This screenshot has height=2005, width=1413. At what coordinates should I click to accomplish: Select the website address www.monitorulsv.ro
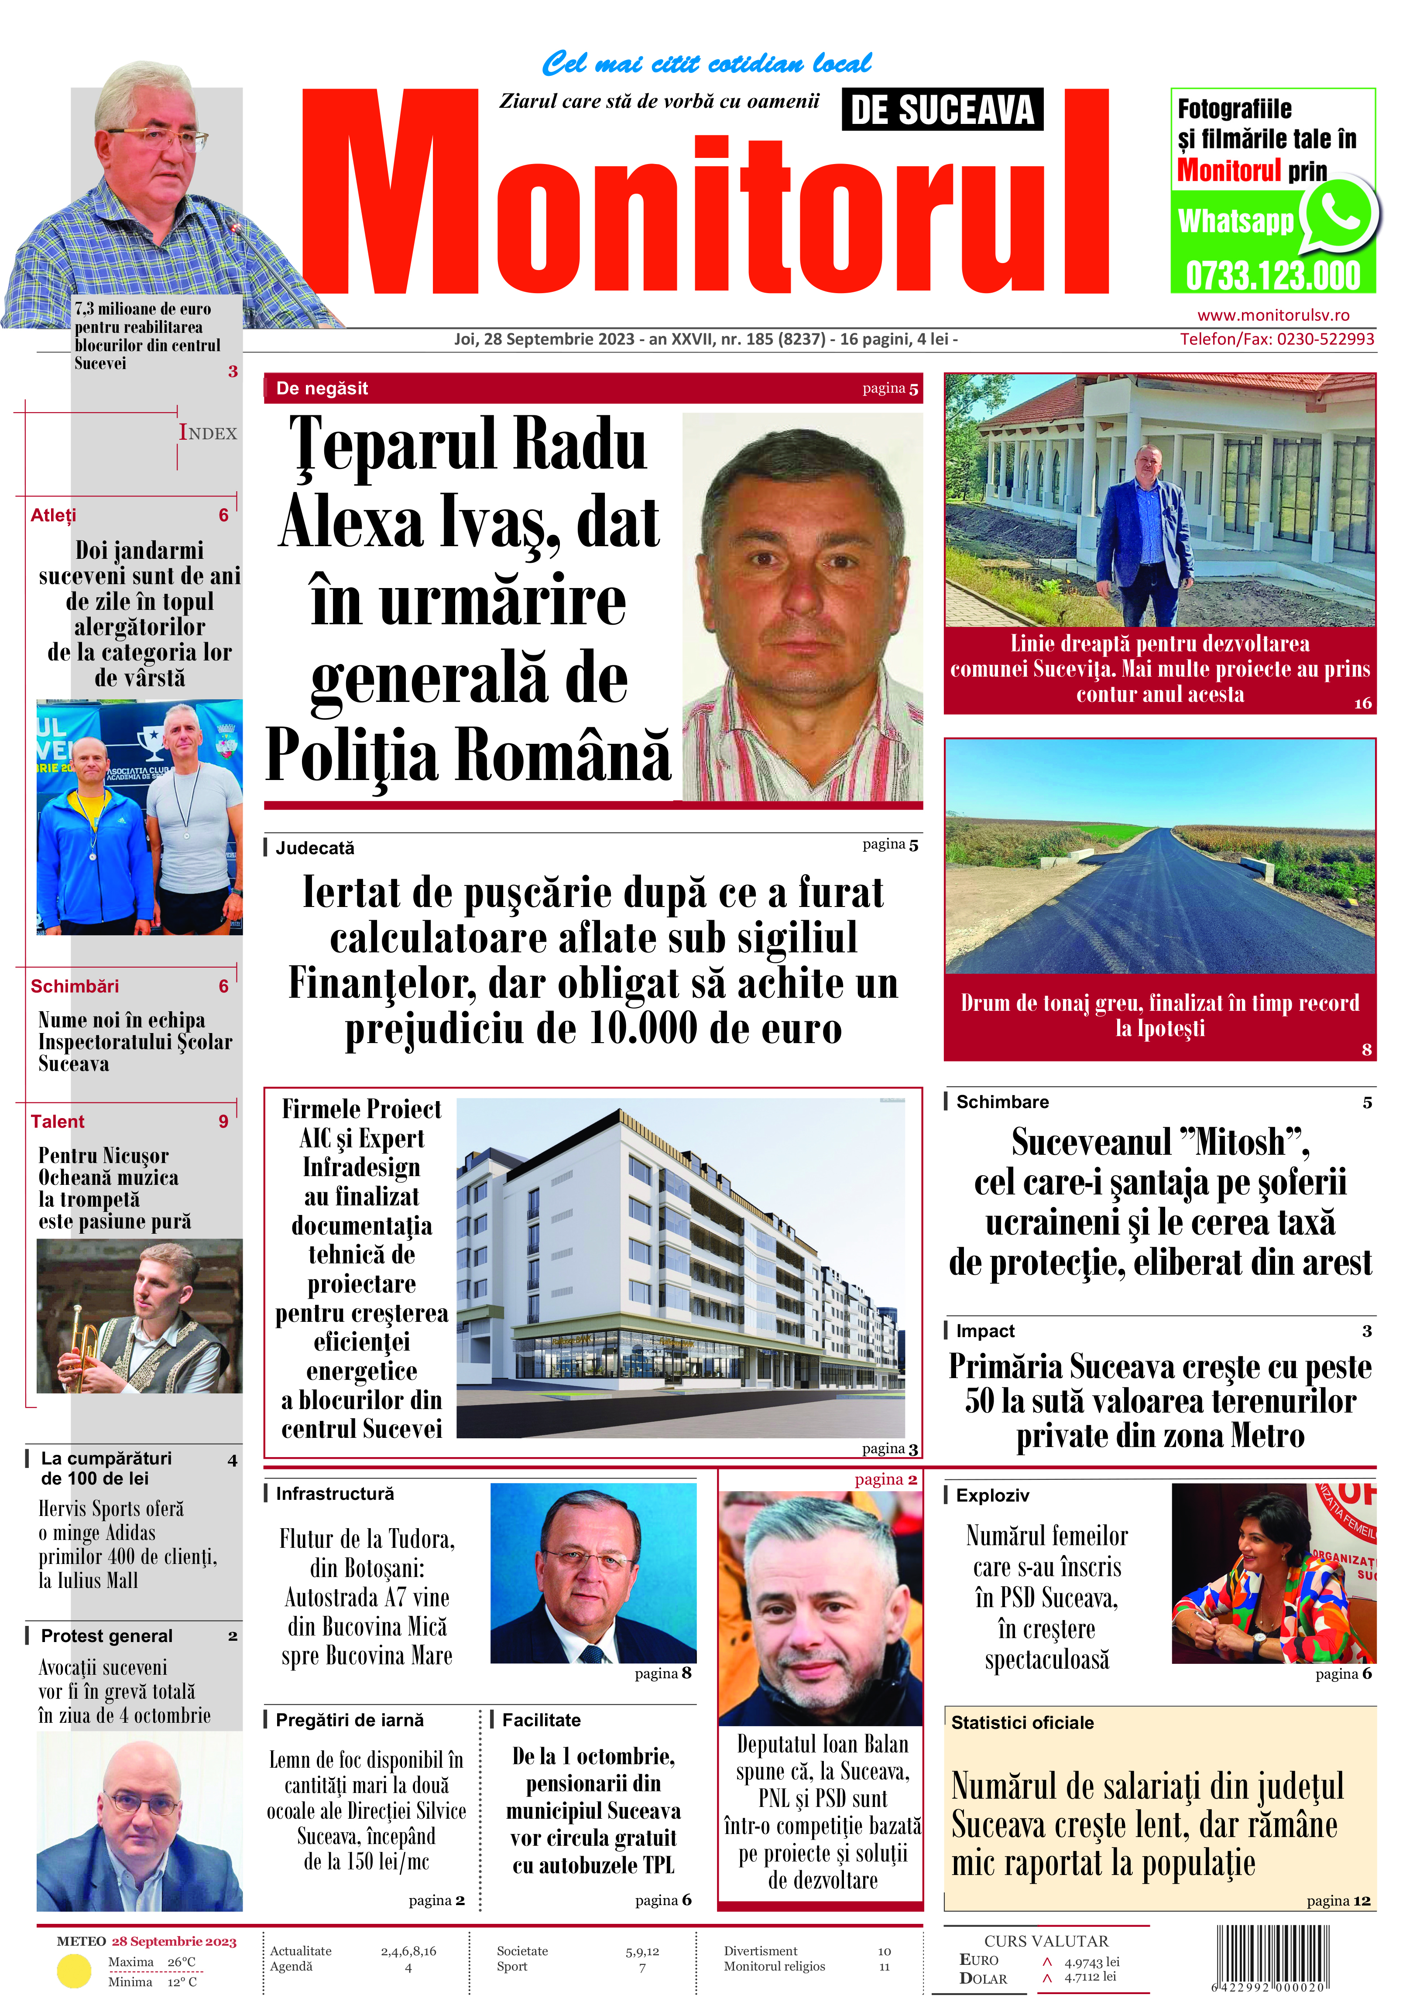click(1272, 315)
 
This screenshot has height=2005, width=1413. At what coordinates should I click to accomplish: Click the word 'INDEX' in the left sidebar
click(208, 433)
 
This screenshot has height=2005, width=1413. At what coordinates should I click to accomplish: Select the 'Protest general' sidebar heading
click(106, 1635)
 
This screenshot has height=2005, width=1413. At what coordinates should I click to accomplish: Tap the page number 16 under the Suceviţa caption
click(1362, 703)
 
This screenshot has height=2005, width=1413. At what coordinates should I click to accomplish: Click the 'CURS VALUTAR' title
click(1046, 1940)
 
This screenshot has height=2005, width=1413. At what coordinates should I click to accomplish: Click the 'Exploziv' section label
click(992, 1495)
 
